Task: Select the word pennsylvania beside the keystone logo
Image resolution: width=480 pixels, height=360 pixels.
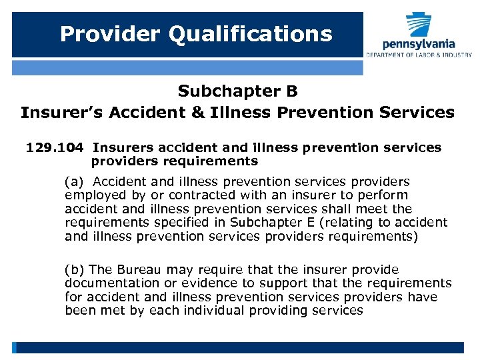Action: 419,44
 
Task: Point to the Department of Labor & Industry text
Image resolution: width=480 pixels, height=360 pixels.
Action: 419,55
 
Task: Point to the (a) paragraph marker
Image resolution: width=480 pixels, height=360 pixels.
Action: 75,182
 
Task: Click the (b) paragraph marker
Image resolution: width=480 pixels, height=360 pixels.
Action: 75,270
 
